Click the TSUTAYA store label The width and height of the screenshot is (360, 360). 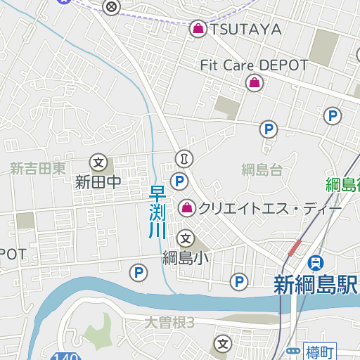point(246,29)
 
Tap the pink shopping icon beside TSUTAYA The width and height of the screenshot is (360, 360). point(198,29)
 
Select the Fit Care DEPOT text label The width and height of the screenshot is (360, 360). point(254,65)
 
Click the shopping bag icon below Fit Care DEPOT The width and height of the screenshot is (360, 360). point(253,84)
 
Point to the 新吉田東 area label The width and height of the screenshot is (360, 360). point(38,169)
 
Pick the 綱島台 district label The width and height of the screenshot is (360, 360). point(262,169)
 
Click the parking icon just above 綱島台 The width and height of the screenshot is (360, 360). point(268,129)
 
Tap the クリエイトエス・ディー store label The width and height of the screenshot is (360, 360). point(270,209)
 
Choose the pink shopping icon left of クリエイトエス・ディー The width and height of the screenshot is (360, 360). point(187,207)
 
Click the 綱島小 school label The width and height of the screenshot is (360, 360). point(186,257)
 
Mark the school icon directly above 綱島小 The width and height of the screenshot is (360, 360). point(186,238)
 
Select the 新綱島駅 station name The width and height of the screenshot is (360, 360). point(316,285)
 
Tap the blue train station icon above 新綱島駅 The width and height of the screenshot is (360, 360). point(317,263)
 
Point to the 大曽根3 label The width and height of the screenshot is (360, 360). point(169,323)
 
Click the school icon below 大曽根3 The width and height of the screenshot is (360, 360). point(223,344)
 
